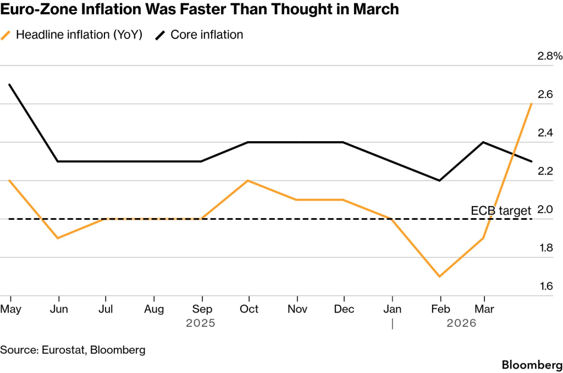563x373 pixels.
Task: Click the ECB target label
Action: pos(501,210)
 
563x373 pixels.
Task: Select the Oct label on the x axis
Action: pos(249,309)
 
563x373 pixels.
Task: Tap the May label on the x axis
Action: pos(11,309)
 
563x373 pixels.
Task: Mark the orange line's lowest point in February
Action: pos(439,276)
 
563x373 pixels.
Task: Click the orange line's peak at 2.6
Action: pos(531,103)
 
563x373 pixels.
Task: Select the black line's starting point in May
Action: pos(10,85)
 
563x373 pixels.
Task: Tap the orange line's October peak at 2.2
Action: pos(249,180)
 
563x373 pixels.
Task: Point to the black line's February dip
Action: pos(439,180)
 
